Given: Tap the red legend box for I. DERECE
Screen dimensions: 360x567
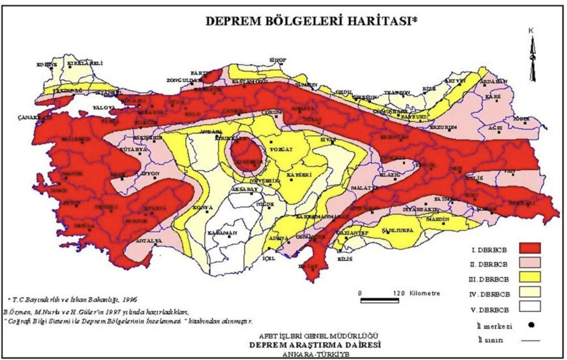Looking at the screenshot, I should (529, 247).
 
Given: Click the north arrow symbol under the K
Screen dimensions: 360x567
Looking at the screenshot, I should (533, 59).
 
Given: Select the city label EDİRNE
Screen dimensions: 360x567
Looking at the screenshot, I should (47, 64).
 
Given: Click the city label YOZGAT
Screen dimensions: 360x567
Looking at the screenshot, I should (281, 149).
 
